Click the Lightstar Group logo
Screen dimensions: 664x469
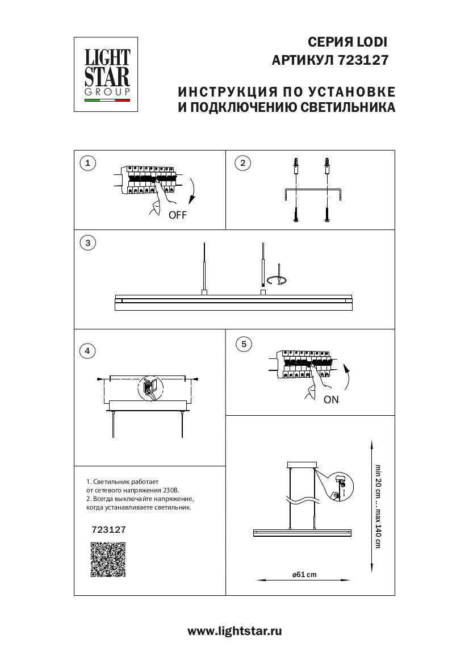(107, 74)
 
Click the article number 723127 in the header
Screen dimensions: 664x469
(363, 60)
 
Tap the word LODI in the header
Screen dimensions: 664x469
(371, 42)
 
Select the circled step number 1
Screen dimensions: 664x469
(87, 164)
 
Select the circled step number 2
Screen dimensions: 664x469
(242, 164)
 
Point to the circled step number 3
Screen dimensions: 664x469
(87, 243)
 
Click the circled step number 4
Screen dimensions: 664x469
(87, 350)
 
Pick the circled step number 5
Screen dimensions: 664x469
(244, 344)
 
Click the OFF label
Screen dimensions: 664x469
(177, 215)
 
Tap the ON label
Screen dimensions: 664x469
(331, 399)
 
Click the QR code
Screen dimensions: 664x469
(108, 560)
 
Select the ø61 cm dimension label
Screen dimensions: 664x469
(304, 575)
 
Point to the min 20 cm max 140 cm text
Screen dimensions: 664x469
(377, 506)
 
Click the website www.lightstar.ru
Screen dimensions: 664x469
(235, 631)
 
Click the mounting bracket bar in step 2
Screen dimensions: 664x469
(312, 191)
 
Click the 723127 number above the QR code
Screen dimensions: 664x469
(108, 529)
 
